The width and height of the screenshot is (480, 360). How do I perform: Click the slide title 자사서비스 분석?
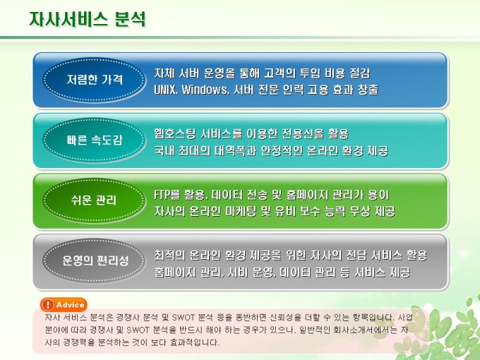click(x=88, y=19)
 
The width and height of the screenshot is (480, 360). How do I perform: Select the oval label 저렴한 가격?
click(x=94, y=79)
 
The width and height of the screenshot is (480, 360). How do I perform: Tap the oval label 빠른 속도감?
click(x=94, y=140)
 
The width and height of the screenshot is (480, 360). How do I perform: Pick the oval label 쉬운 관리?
click(x=94, y=200)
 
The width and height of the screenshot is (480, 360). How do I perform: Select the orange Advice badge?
click(x=64, y=305)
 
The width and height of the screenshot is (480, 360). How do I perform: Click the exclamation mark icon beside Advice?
click(x=48, y=305)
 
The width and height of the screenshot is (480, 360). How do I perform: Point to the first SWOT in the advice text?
click(x=183, y=318)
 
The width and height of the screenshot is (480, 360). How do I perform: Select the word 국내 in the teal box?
click(x=164, y=150)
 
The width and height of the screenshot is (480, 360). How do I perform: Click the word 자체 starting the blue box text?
click(x=164, y=73)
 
